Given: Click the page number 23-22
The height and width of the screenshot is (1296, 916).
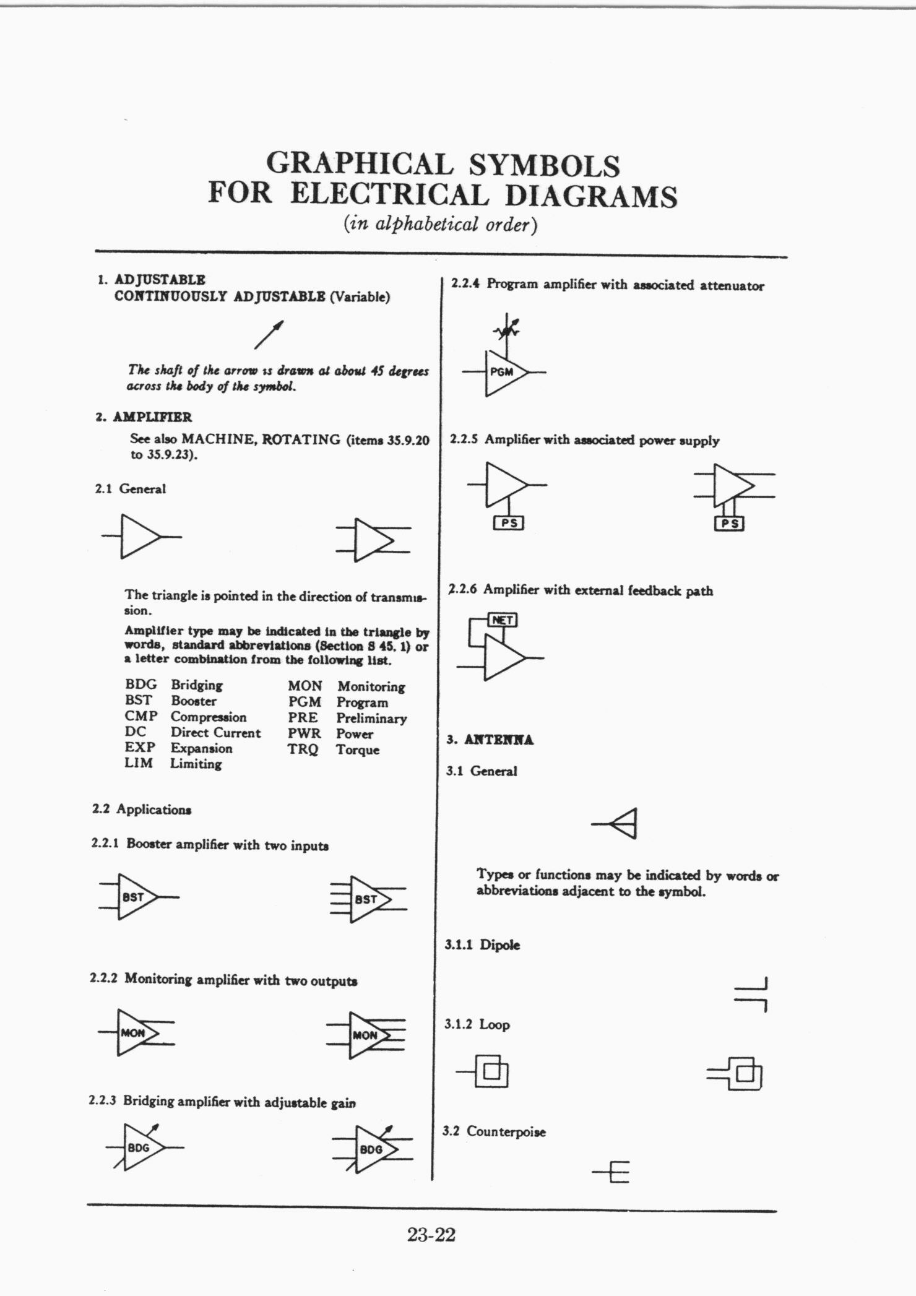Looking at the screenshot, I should (431, 1235).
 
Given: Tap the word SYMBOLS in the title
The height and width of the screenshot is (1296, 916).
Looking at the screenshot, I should (544, 166).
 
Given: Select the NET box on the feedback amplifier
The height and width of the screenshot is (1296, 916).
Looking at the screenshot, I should (502, 620).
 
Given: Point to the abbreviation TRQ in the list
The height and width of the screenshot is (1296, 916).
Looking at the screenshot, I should (303, 750).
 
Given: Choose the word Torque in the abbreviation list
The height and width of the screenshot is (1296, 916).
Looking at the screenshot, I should (358, 750).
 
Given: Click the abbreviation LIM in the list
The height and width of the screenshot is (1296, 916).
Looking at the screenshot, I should (139, 763).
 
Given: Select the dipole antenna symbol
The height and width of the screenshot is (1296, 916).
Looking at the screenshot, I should (751, 994).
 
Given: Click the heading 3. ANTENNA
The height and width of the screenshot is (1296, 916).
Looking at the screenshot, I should (490, 740).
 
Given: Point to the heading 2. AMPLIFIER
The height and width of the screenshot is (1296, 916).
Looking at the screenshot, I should (144, 417).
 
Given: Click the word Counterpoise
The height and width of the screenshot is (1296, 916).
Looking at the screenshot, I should (506, 1131).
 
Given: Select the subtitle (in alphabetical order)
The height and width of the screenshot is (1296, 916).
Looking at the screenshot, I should (440, 223).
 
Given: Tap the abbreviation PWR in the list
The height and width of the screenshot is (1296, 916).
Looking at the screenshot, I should (305, 733).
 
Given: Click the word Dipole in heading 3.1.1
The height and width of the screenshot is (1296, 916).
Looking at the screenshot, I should (499, 945).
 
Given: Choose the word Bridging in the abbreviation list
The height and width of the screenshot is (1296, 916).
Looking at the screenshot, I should (197, 685).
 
